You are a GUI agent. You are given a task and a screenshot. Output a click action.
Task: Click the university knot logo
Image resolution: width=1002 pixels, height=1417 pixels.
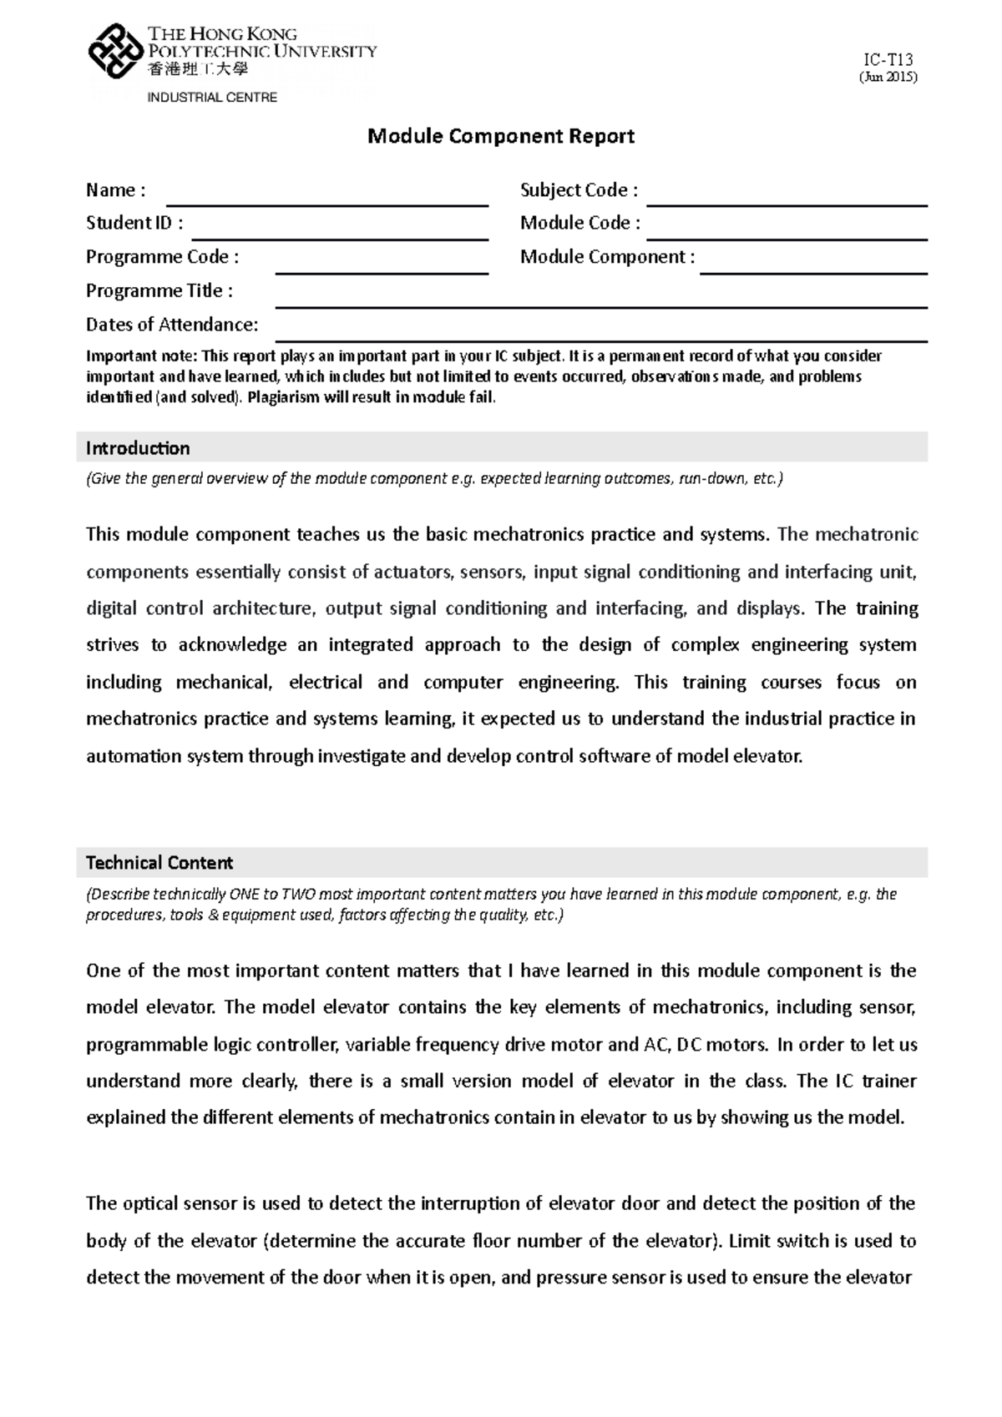pos(115,52)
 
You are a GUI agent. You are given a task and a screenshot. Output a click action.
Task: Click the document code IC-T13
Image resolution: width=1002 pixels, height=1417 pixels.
pos(888,59)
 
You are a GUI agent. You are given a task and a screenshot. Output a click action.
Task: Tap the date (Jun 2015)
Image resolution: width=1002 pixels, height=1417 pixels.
pos(888,78)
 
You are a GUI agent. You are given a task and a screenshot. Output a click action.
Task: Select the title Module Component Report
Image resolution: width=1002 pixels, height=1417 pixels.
pos(501,136)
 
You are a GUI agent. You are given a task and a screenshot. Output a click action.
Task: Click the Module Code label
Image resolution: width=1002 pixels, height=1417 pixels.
pos(580,223)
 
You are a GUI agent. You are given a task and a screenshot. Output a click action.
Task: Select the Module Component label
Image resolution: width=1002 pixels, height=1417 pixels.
pos(607,257)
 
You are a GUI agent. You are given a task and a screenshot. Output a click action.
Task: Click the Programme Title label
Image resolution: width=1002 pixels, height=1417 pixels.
pos(159,290)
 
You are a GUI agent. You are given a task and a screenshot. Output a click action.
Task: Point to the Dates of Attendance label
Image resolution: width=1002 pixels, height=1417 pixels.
pos(172,325)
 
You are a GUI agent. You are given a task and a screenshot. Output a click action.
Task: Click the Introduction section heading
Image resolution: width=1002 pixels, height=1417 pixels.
pos(138,448)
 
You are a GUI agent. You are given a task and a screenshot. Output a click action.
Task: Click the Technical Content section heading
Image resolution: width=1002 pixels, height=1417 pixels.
pos(159,862)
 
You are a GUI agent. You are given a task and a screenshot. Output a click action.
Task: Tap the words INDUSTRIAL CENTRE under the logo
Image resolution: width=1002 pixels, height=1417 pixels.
pos(212,98)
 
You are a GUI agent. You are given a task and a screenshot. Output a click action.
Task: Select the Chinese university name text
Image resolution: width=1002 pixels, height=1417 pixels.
pos(198,70)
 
